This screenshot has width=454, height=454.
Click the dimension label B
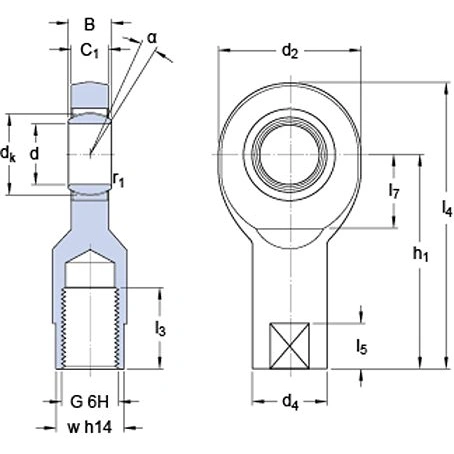click(x=89, y=23)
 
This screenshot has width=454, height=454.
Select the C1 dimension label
click(x=90, y=49)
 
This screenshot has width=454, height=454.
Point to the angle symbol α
click(x=152, y=37)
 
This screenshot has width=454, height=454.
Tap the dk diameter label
click(x=10, y=153)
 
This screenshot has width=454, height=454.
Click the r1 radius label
click(x=119, y=180)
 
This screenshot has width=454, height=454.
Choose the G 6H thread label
click(x=87, y=404)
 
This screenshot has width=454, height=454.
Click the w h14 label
click(x=88, y=427)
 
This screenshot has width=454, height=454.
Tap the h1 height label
click(x=421, y=255)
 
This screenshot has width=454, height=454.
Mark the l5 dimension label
click(x=363, y=347)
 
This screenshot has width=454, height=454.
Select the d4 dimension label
click(x=289, y=403)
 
